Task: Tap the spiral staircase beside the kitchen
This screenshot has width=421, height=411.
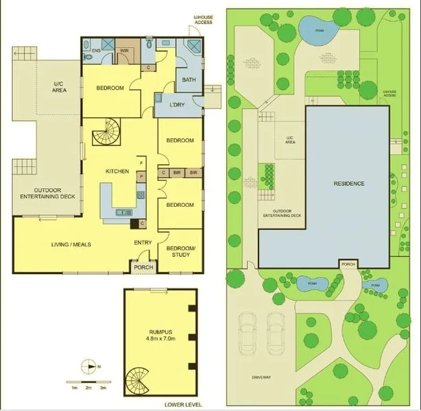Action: tap(106, 133)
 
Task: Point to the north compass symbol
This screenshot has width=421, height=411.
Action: tap(89, 366)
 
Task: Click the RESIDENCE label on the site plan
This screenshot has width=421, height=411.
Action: tap(348, 184)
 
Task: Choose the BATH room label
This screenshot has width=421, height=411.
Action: tap(189, 80)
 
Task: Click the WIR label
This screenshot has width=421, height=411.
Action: tap(125, 50)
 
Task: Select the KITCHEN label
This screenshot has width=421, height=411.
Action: tap(117, 171)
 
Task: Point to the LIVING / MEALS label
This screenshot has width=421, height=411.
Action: tap(72, 245)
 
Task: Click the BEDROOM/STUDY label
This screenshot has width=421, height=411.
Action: tap(181, 251)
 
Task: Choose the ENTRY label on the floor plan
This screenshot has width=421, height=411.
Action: tap(143, 242)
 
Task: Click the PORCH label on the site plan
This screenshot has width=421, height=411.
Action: tap(348, 263)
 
